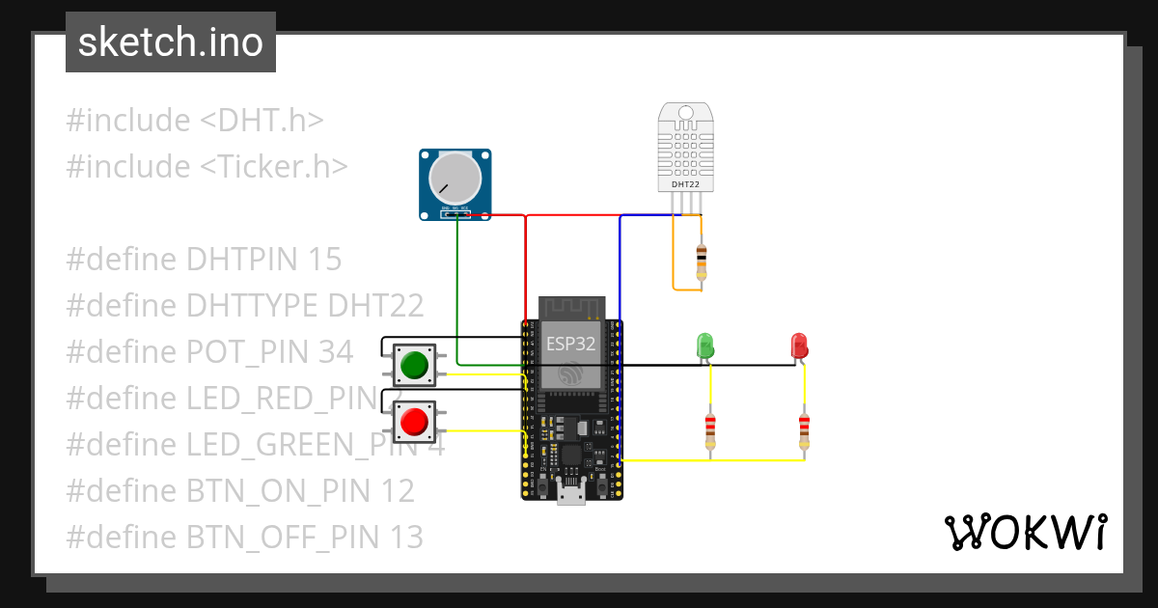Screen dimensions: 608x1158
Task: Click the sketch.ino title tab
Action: (171, 42)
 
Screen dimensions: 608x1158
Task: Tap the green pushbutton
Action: (414, 366)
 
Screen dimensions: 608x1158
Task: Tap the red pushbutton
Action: (414, 422)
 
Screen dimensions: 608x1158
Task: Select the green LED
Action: (705, 345)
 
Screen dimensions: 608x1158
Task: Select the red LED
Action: (799, 345)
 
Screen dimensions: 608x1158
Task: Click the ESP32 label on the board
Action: (571, 344)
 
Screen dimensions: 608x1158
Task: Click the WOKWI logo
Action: (1025, 532)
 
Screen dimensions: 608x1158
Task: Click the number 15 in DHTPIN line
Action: (325, 260)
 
